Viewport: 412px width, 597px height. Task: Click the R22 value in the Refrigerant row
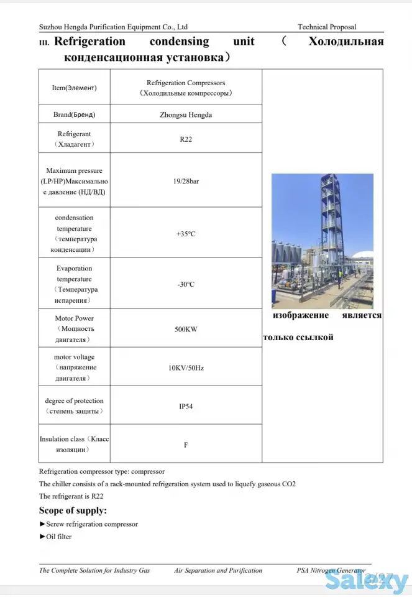[186, 139]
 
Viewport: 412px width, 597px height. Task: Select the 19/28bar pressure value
[186, 181]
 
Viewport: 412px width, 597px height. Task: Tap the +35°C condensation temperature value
[186, 234]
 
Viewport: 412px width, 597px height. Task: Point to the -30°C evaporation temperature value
[186, 284]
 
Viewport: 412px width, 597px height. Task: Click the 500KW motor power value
[186, 329]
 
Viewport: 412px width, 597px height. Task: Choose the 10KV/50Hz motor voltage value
[186, 368]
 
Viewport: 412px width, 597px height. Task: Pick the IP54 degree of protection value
[186, 406]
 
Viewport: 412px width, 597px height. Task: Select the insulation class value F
[186, 445]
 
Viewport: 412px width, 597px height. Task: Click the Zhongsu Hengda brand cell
[186, 114]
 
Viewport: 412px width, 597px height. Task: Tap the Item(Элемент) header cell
[74, 88]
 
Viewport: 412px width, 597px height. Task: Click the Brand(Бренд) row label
[74, 114]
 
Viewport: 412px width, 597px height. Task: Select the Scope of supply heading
[73, 511]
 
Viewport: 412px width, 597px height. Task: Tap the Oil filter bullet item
[58, 537]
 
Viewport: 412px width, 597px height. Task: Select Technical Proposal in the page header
[327, 27]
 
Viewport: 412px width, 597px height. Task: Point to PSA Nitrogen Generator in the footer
[331, 570]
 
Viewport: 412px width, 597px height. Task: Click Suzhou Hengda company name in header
[113, 27]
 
